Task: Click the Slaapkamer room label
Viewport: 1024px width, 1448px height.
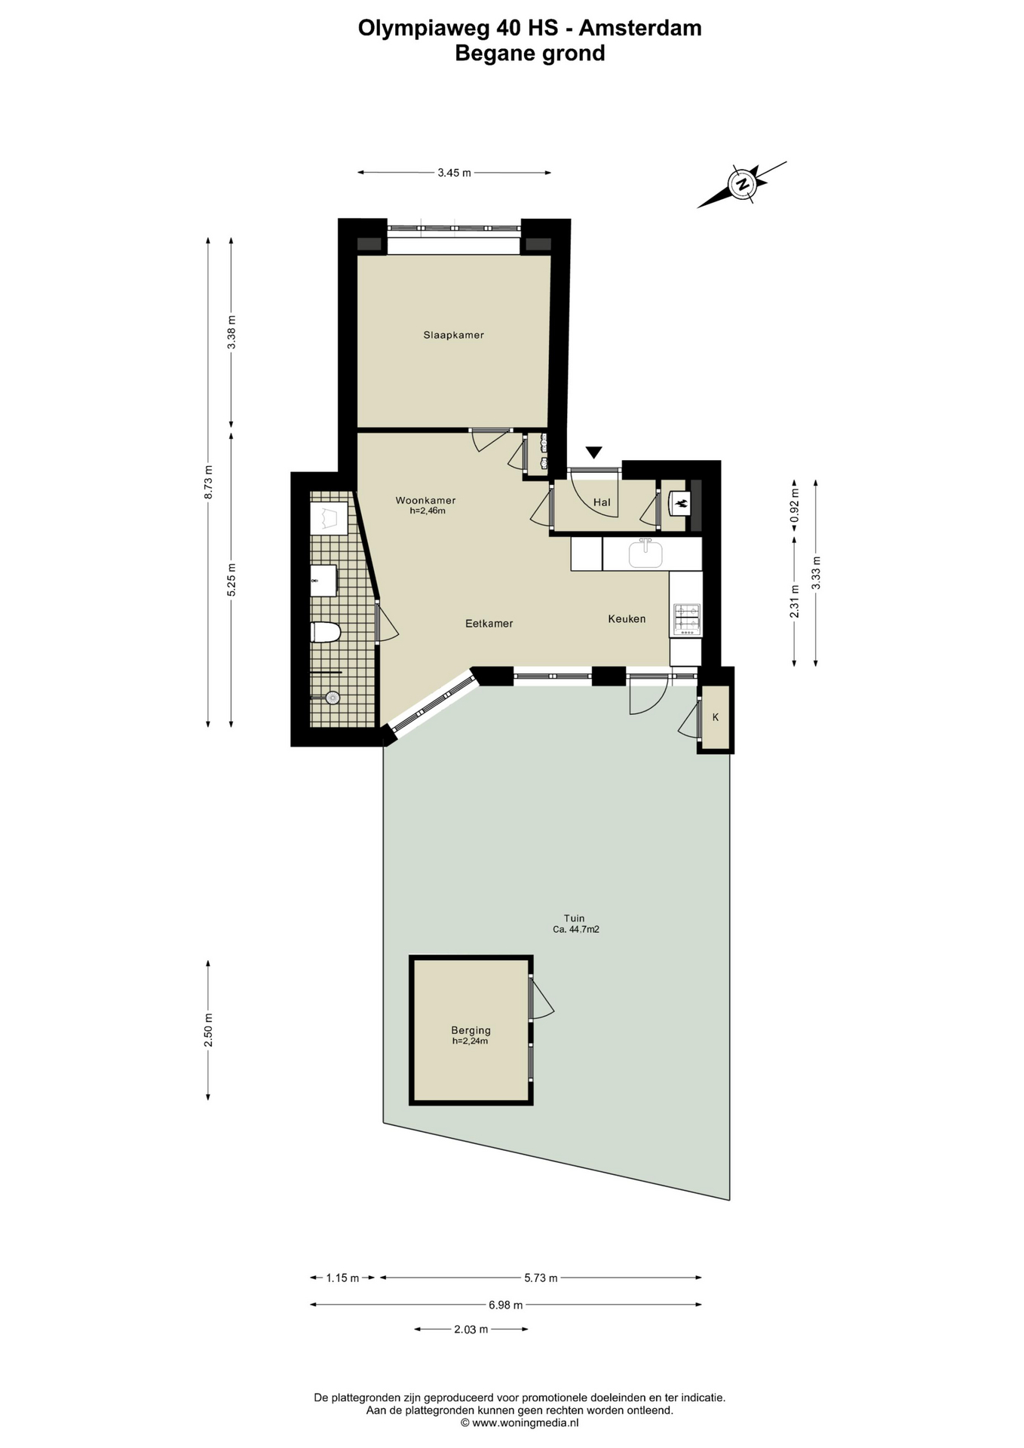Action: [453, 335]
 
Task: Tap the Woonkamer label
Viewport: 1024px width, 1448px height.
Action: [425, 500]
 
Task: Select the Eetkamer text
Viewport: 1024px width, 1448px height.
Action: [489, 624]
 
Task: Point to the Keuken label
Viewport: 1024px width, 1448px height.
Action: [627, 618]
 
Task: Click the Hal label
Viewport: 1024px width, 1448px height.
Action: [602, 502]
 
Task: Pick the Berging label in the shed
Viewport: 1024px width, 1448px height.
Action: [471, 1030]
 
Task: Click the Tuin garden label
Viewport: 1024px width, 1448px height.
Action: [575, 919]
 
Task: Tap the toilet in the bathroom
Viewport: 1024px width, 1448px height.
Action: [325, 632]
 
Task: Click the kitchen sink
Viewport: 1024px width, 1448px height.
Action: [645, 554]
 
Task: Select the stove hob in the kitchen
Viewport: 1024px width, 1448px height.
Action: [687, 618]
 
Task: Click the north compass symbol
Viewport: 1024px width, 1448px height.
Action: [742, 184]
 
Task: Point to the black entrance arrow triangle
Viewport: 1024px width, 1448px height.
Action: [594, 452]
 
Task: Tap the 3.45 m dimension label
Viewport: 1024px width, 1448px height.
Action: [454, 173]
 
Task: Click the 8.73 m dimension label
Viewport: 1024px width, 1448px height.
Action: [208, 482]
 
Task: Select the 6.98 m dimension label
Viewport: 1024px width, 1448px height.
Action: [505, 1305]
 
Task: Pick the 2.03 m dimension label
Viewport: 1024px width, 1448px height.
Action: [471, 1329]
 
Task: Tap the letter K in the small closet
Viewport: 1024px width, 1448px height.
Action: [716, 717]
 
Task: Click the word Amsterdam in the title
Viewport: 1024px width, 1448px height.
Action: [640, 28]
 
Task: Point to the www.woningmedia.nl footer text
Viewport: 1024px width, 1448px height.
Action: [520, 1422]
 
